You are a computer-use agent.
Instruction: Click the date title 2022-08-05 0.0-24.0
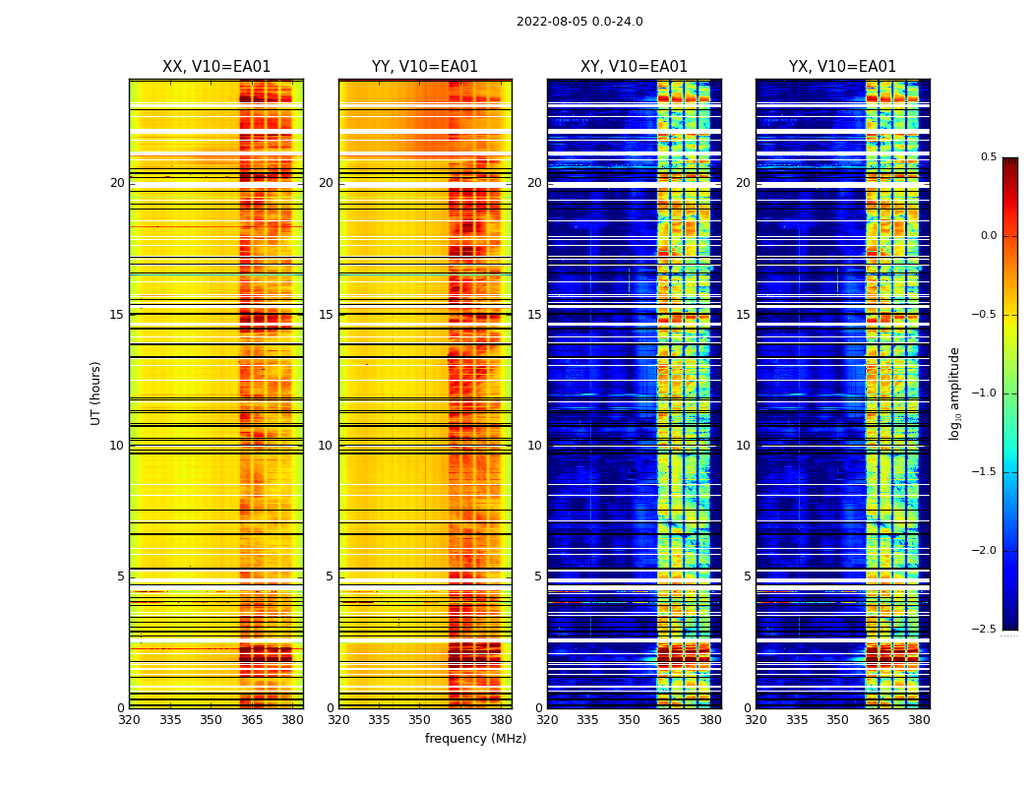click(x=579, y=22)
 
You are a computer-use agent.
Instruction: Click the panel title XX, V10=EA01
click(x=216, y=67)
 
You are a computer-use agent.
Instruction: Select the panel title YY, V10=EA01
click(x=425, y=67)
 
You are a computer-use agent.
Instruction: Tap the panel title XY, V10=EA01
click(x=634, y=67)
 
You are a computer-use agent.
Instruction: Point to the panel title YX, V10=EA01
click(x=842, y=67)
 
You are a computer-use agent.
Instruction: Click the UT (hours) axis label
click(x=96, y=393)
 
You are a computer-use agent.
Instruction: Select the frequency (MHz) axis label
click(x=475, y=739)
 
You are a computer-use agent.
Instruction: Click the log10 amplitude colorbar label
click(x=954, y=393)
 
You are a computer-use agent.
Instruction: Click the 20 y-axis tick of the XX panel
click(x=117, y=183)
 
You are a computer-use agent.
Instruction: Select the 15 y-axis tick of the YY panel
click(x=326, y=315)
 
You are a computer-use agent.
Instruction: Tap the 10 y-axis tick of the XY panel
click(x=534, y=446)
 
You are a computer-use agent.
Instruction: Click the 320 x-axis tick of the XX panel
click(x=129, y=720)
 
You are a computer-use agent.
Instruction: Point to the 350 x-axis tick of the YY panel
click(x=419, y=720)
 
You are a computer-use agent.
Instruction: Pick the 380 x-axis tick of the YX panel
click(x=919, y=720)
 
